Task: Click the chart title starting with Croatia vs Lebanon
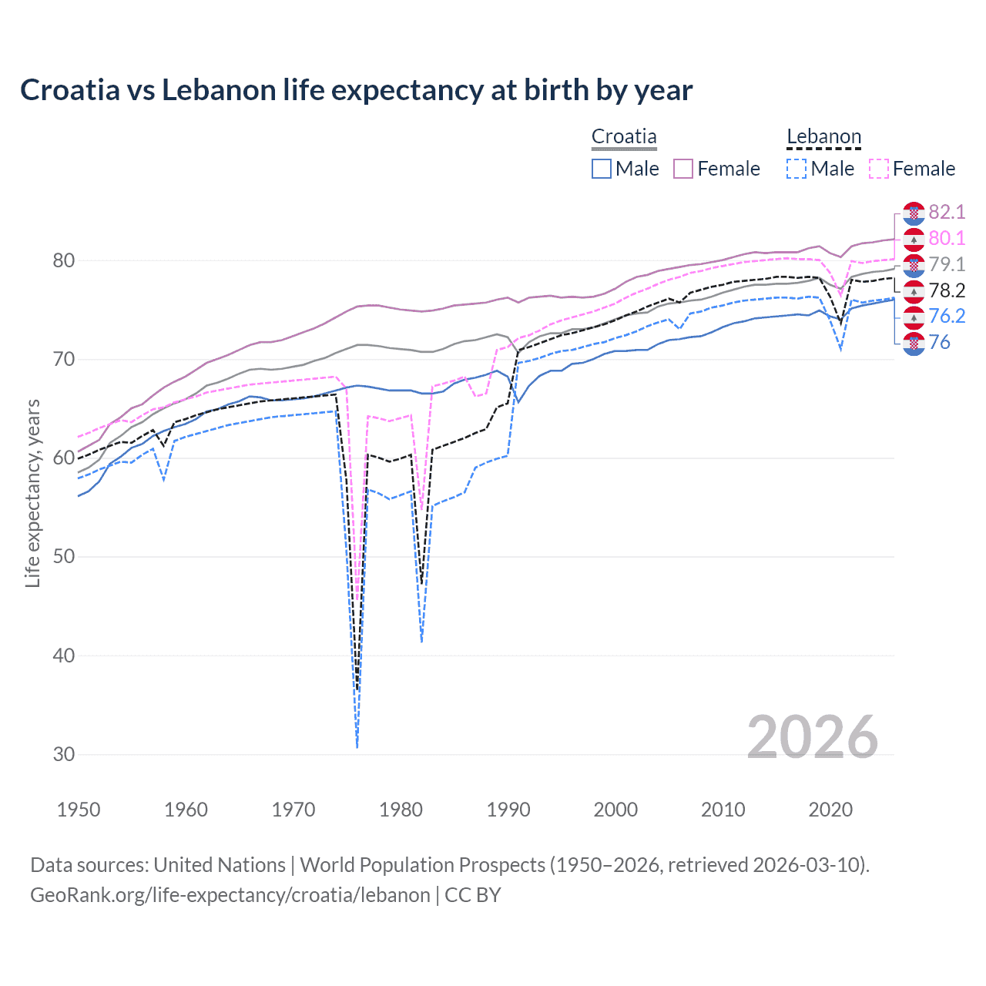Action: [356, 90]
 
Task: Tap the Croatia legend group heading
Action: [624, 137]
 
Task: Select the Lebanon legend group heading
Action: [823, 137]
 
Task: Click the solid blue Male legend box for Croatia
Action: [602, 169]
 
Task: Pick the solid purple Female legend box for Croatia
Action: [683, 169]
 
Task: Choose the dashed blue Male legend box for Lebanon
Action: [797, 169]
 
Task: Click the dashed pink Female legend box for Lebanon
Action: [879, 169]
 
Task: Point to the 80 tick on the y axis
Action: [64, 261]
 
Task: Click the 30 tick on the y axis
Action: [64, 755]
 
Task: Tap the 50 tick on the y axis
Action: [64, 557]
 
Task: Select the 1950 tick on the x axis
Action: [79, 810]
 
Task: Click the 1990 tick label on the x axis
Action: [508, 810]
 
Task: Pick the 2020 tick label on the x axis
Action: [830, 810]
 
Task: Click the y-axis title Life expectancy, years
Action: [32, 493]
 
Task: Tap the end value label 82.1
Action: [947, 213]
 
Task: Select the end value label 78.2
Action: [947, 290]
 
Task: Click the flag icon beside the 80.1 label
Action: [914, 239]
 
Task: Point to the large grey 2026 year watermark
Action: [813, 737]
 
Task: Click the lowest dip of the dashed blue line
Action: [357, 746]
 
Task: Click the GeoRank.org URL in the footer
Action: [230, 895]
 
